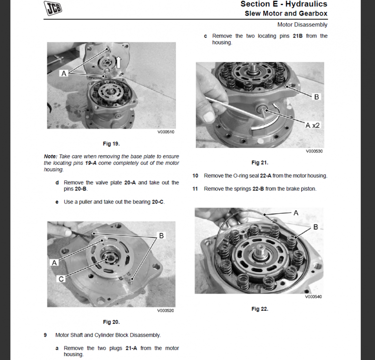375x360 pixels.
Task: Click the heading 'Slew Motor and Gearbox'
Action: tap(286, 14)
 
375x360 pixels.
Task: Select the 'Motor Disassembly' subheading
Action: tap(302, 24)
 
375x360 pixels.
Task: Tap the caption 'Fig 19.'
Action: tap(111, 143)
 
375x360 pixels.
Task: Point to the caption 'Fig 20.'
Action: tap(111, 322)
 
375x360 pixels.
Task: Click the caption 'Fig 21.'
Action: tap(260, 162)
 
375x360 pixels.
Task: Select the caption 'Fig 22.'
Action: tap(260, 309)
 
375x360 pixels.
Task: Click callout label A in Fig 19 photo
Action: tap(63, 74)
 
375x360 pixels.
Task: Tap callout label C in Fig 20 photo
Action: tap(61, 279)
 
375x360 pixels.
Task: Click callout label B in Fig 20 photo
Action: tap(161, 236)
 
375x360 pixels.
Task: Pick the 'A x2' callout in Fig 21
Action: tap(312, 125)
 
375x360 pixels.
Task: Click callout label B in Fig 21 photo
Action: tap(316, 97)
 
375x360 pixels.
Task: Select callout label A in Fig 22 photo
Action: tap(296, 213)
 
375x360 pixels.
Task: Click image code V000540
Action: tap(313, 297)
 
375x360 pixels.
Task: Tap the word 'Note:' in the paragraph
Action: tap(50, 156)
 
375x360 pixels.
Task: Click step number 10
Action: tap(195, 176)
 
